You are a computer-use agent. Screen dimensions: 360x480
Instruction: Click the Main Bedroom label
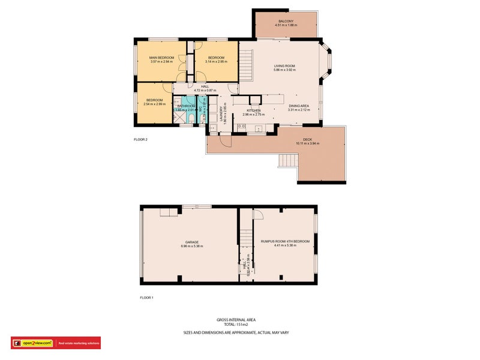point(161,58)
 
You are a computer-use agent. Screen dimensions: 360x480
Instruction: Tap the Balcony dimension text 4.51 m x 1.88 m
point(286,25)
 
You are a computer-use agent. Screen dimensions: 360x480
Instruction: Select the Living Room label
point(284,66)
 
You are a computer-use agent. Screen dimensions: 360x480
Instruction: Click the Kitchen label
point(253,110)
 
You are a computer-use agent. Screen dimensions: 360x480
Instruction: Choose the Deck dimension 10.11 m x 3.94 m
point(307,143)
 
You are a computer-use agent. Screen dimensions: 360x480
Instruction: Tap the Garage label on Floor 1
point(191,242)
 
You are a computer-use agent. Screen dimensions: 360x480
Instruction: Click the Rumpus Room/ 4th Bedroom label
point(285,241)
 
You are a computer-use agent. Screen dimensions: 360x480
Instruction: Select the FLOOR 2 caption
point(140,139)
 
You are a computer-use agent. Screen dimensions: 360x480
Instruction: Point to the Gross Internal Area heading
point(239,320)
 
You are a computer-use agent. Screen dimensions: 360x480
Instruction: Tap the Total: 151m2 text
point(239,324)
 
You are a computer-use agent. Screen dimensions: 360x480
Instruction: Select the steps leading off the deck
point(288,161)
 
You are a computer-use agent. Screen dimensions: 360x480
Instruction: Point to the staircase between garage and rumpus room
point(245,240)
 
